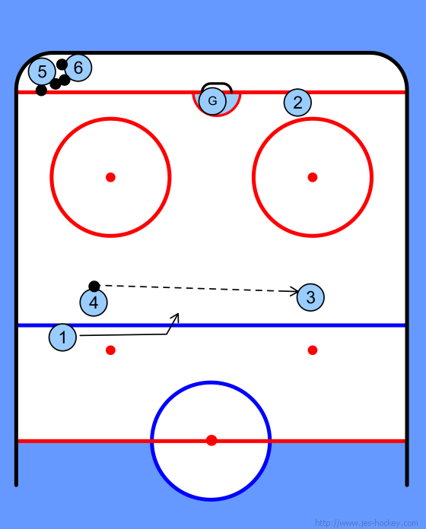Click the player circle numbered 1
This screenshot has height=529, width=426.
(x=62, y=337)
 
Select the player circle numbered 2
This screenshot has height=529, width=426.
(x=297, y=103)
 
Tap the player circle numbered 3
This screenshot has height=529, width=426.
(x=310, y=297)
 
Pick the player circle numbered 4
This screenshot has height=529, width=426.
(x=94, y=303)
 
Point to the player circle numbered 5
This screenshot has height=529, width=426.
(x=42, y=71)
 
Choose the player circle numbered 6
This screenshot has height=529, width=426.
(x=78, y=68)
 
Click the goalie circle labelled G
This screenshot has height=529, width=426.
(x=212, y=101)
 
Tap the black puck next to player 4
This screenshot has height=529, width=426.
(x=94, y=287)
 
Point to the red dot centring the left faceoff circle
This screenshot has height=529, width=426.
(x=110, y=177)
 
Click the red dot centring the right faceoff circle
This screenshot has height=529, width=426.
(x=313, y=177)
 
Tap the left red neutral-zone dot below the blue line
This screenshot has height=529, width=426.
(x=110, y=350)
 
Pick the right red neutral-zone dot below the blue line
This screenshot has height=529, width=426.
(x=313, y=350)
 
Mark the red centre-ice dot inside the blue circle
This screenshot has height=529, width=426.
(x=211, y=440)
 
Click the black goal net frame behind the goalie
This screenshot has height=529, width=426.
(x=216, y=84)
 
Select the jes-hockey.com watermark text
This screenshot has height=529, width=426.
(x=366, y=523)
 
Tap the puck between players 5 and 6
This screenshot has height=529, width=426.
(x=62, y=64)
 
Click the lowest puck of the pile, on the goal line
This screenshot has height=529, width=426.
(x=41, y=90)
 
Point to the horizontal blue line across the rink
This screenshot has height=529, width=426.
(x=211, y=325)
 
